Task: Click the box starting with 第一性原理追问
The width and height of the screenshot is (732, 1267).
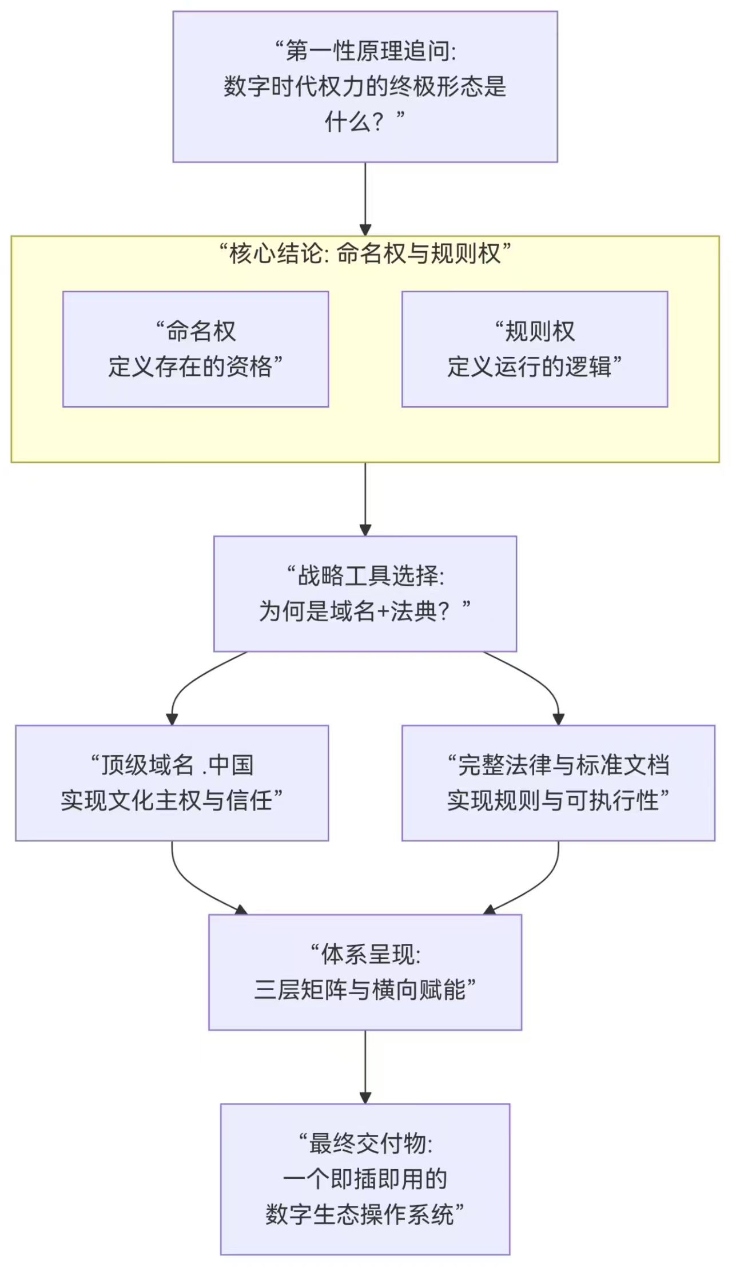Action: coord(365,86)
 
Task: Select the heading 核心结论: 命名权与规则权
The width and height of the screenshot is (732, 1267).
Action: coord(365,253)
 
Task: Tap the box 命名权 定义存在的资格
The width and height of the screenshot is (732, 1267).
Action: coord(195,349)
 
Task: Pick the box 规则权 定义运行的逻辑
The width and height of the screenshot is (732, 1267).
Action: coord(534,349)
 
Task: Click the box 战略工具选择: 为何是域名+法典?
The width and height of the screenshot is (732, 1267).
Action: coord(365,593)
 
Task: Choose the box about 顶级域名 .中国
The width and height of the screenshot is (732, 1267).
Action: coord(172,783)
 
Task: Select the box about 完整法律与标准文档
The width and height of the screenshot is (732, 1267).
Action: coord(558,783)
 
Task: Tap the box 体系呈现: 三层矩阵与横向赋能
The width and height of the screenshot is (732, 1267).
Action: coord(365,972)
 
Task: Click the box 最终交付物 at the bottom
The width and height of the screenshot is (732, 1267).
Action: coord(365,1179)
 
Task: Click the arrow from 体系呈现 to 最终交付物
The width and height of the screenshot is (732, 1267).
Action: coord(365,1067)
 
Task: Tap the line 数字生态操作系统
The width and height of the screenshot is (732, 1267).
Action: coord(360,1214)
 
